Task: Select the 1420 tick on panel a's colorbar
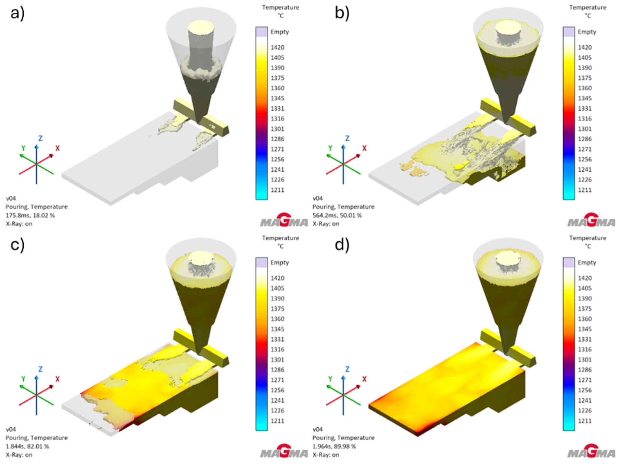pos(277,47)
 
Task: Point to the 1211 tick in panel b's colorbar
pos(585,190)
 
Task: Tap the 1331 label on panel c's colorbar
pos(277,339)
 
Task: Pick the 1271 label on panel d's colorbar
pos(585,380)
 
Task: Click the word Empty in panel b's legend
pos(587,32)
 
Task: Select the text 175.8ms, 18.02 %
pos(30,216)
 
